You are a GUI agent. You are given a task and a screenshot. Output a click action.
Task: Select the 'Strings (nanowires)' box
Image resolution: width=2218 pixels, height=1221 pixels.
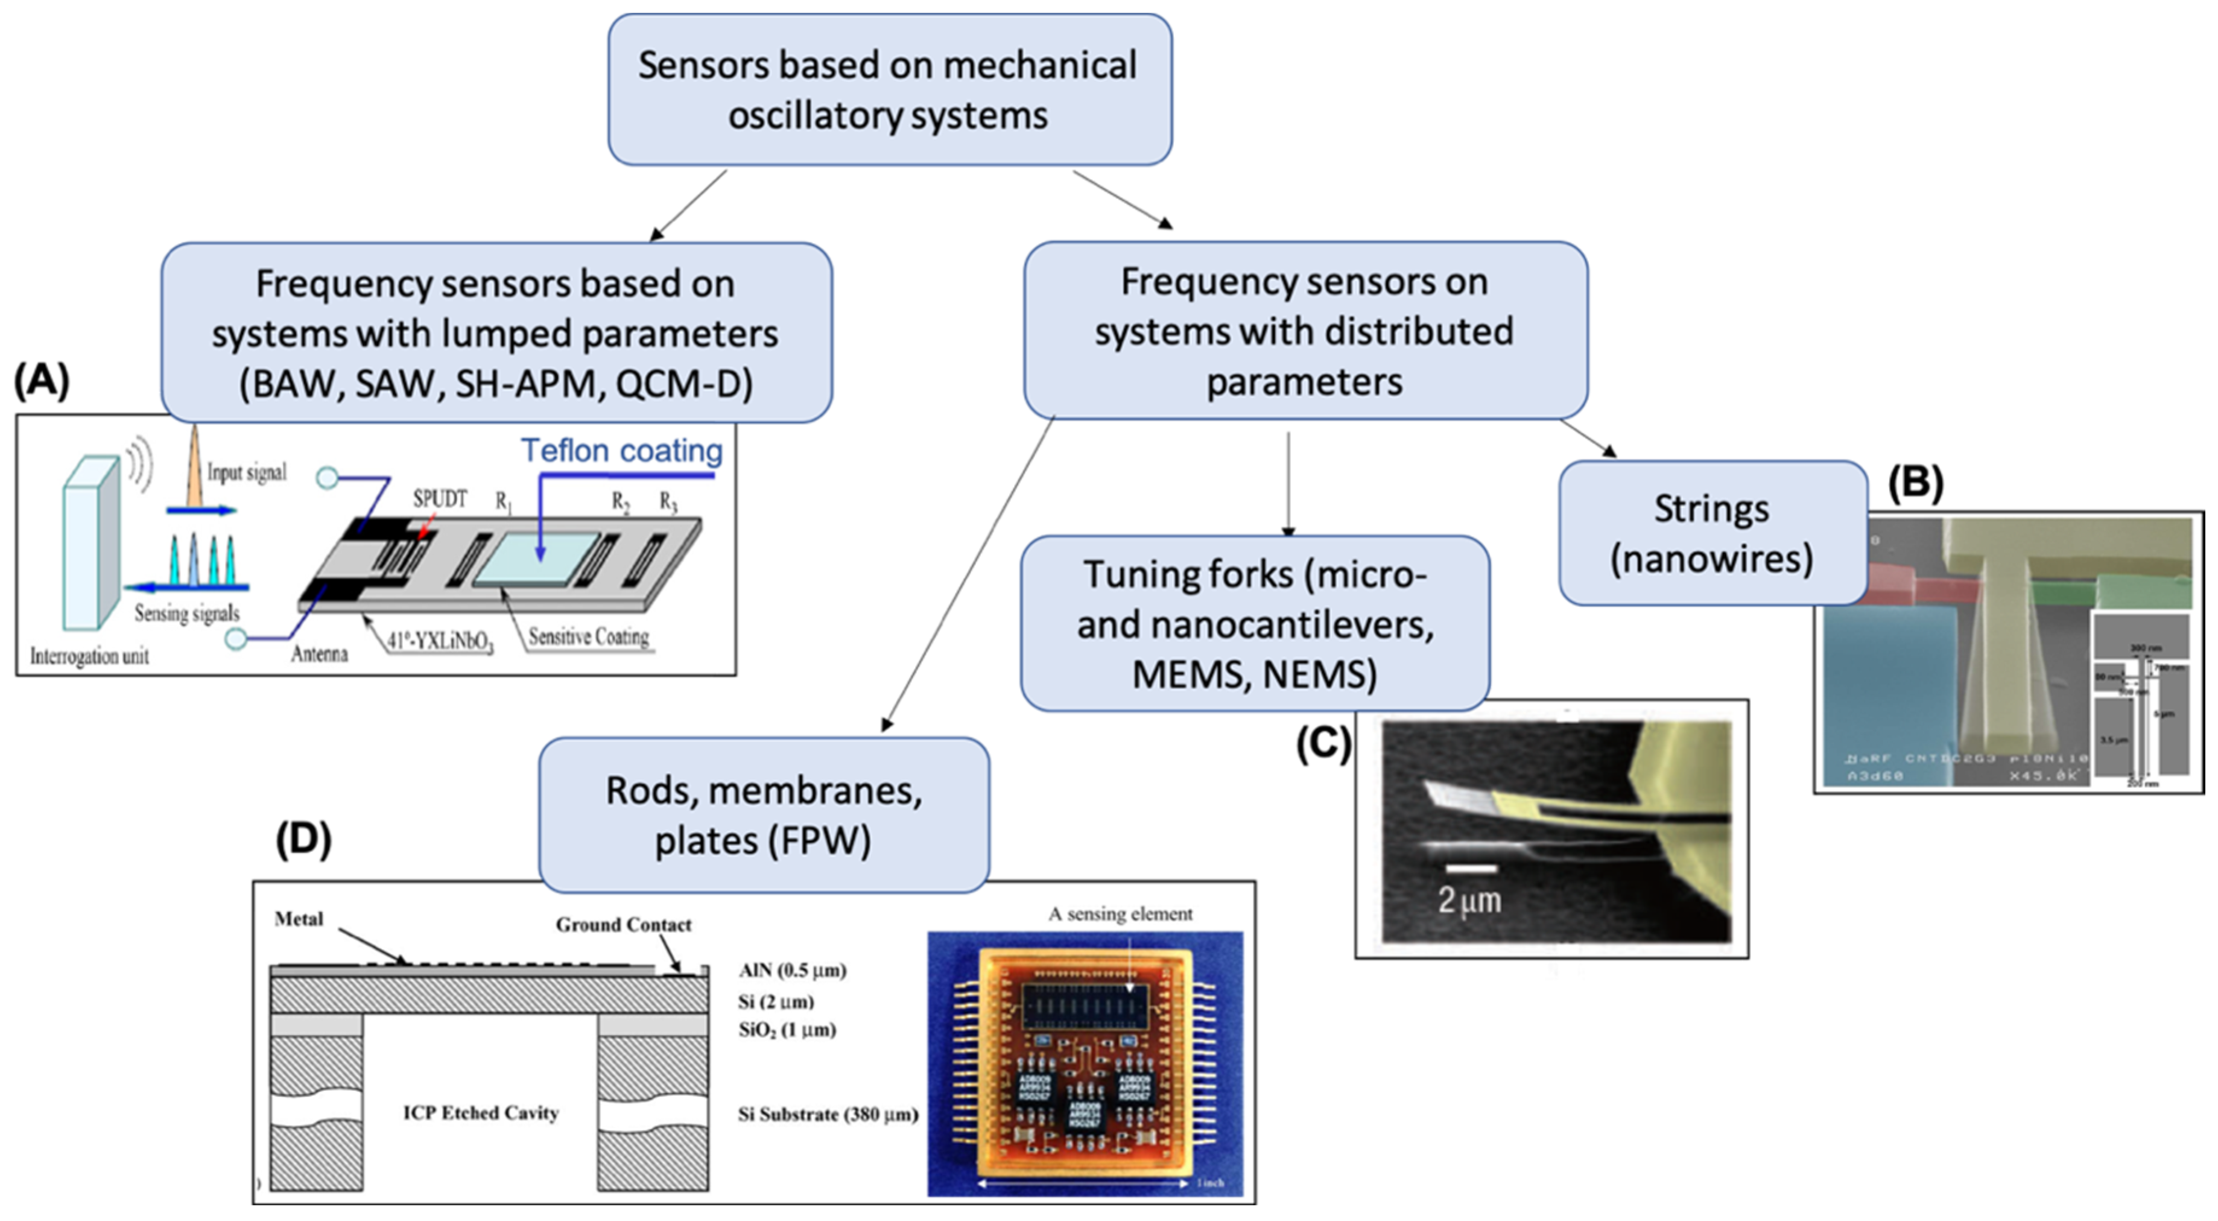1712,534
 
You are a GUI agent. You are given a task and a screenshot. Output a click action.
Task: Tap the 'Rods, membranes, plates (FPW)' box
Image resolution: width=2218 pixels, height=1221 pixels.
764,814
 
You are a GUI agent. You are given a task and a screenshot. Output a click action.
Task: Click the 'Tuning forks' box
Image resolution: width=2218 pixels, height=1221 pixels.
1255,623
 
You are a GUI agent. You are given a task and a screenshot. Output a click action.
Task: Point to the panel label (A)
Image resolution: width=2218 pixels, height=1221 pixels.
42,381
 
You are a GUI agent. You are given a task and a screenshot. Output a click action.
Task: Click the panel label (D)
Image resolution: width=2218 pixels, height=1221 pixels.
303,838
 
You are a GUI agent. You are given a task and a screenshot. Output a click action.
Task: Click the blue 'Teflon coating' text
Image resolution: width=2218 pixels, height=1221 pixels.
622,451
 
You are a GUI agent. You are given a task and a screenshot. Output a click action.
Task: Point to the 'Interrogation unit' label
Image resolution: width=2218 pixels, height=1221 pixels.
89,656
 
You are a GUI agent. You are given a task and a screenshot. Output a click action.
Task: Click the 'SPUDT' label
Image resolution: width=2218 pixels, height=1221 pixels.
439,498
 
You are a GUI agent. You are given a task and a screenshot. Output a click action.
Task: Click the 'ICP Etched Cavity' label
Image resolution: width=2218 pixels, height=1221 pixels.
480,1112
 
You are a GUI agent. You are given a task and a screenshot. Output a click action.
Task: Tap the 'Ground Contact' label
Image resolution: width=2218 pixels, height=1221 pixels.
623,925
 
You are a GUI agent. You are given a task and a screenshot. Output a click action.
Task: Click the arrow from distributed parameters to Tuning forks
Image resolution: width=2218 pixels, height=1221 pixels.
1288,482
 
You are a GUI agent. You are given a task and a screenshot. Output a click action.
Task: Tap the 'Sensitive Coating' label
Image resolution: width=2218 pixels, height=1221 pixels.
588,636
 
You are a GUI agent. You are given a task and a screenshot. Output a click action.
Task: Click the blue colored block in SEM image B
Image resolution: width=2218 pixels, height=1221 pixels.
1886,689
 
